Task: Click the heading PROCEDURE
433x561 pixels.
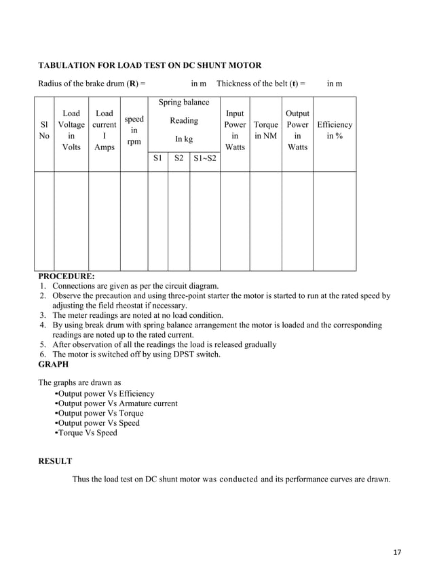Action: pos(67,276)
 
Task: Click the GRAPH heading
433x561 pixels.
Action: pos(53,364)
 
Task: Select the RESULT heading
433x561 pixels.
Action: pos(55,461)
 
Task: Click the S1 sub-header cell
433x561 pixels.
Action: pos(157,158)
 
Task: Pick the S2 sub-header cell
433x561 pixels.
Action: pos(178,158)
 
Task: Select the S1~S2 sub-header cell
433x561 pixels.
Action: pos(205,158)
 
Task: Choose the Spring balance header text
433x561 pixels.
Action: pos(184,103)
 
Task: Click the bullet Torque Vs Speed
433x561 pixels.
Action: pos(88,433)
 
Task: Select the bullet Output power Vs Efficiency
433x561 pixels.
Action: pos(106,394)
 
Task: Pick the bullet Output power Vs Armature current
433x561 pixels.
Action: pos(117,403)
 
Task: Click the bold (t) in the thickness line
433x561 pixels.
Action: pos(295,84)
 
